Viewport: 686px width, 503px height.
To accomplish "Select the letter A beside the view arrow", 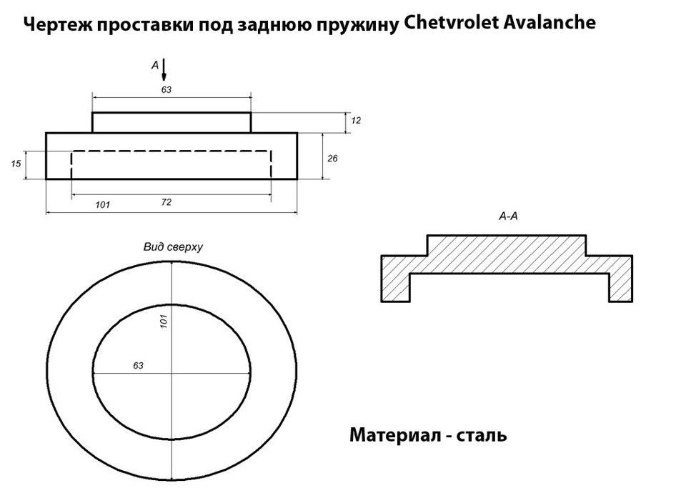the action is coord(155,65).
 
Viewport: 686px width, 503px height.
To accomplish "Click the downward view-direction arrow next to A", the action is coord(164,70).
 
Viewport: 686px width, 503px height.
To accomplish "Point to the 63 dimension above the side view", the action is coord(166,89).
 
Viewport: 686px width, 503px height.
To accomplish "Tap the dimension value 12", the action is coord(356,120).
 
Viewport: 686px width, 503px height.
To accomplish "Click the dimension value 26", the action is coord(332,159).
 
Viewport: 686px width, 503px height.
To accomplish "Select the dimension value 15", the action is coord(16,164).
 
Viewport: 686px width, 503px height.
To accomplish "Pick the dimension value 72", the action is coord(166,202).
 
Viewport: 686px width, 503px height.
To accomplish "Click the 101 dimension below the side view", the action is coord(103,204).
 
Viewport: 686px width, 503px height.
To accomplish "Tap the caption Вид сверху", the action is coord(173,247).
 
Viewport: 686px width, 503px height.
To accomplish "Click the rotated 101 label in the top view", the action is coord(164,322).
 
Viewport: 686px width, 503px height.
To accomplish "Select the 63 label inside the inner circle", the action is coord(138,366).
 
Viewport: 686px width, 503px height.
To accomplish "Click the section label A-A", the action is coord(508,216).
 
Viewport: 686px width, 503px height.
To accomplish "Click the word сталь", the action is coord(481,436).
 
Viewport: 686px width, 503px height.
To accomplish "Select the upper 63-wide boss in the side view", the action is coord(171,122).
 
